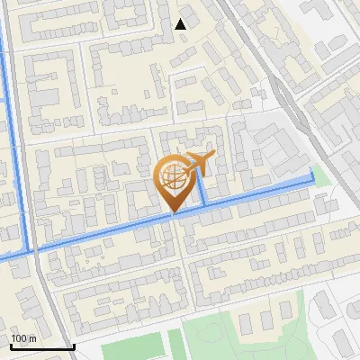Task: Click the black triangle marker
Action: point(181,23)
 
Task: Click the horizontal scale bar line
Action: point(41,346)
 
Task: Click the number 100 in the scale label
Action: point(19,338)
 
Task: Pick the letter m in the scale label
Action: point(31,338)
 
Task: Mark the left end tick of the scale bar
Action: point(10,345)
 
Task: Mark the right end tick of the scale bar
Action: point(73,345)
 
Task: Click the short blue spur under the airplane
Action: point(202,189)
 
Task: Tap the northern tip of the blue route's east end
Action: point(312,169)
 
